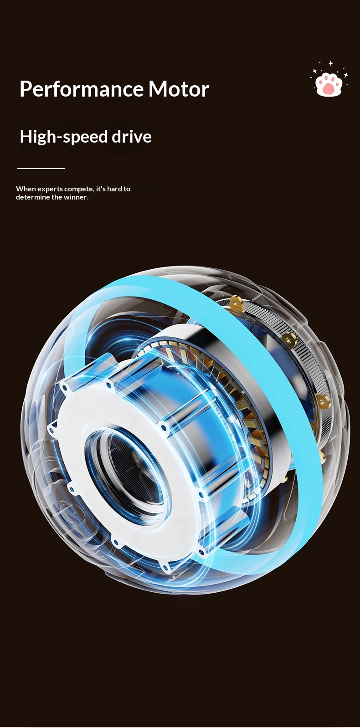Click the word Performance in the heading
tap(81, 89)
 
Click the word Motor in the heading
tap(179, 89)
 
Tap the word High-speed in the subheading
tap(64, 137)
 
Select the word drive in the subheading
tap(132, 137)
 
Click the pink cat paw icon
tap(329, 84)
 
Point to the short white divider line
tap(41, 169)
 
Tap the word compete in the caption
tap(79, 189)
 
